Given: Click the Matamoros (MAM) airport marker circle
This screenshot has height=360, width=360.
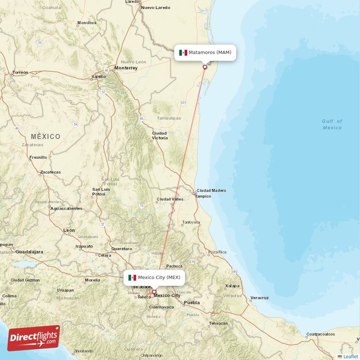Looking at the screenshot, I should pyautogui.click(x=205, y=67).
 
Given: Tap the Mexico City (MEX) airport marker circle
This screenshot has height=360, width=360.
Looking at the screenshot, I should pyautogui.click(x=154, y=292).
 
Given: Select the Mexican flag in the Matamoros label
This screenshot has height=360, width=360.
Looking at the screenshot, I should pyautogui.click(x=183, y=53).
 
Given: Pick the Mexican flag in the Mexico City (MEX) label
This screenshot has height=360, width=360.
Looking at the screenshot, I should pyautogui.click(x=132, y=278).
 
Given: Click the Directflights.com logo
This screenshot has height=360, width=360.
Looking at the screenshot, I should pyautogui.click(x=34, y=337).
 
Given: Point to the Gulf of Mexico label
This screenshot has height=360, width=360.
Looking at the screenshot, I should pyautogui.click(x=332, y=124).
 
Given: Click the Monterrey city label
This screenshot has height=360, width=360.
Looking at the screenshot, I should pyautogui.click(x=126, y=68).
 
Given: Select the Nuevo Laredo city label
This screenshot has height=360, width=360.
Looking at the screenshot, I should pyautogui.click(x=156, y=8).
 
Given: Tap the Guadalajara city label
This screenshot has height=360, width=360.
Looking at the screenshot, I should pyautogui.click(x=29, y=252).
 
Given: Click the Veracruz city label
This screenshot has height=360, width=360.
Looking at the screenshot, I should pyautogui.click(x=260, y=298).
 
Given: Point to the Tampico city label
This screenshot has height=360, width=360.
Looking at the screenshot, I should pyautogui.click(x=203, y=196).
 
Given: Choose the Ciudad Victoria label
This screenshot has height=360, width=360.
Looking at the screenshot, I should pyautogui.click(x=159, y=135).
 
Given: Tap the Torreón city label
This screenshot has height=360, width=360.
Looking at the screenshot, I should pyautogui.click(x=20, y=72).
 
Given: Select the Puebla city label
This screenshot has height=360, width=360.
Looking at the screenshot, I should pyautogui.click(x=192, y=302).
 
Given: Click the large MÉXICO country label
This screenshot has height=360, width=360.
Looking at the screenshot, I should pyautogui.click(x=45, y=136).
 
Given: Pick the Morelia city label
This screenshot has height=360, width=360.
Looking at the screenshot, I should pyautogui.click(x=92, y=280).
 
